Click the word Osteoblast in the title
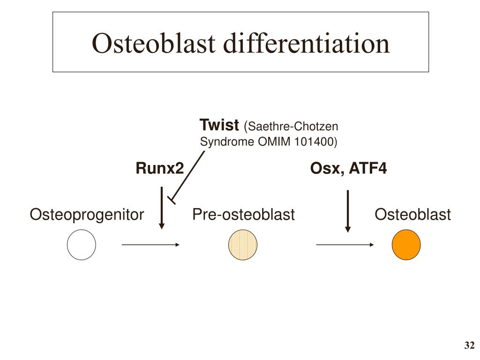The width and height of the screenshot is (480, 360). click(x=153, y=44)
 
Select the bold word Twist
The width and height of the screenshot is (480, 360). click(x=219, y=126)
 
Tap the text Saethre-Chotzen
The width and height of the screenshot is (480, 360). click(x=292, y=127)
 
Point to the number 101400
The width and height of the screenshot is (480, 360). click(x=315, y=142)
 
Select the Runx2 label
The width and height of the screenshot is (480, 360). click(x=160, y=168)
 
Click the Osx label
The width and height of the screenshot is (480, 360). click(x=325, y=168)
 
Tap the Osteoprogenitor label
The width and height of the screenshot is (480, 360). click(x=87, y=215)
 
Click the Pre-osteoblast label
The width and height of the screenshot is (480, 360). click(x=243, y=215)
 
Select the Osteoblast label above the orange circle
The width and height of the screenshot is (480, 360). click(x=412, y=215)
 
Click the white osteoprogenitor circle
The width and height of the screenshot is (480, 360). click(x=82, y=245)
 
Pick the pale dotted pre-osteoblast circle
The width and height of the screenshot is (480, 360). click(x=243, y=245)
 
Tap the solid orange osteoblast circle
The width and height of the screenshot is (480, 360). click(x=406, y=245)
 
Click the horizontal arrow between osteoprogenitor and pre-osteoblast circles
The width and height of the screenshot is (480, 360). click(x=150, y=245)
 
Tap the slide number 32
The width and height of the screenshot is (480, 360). click(x=469, y=346)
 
